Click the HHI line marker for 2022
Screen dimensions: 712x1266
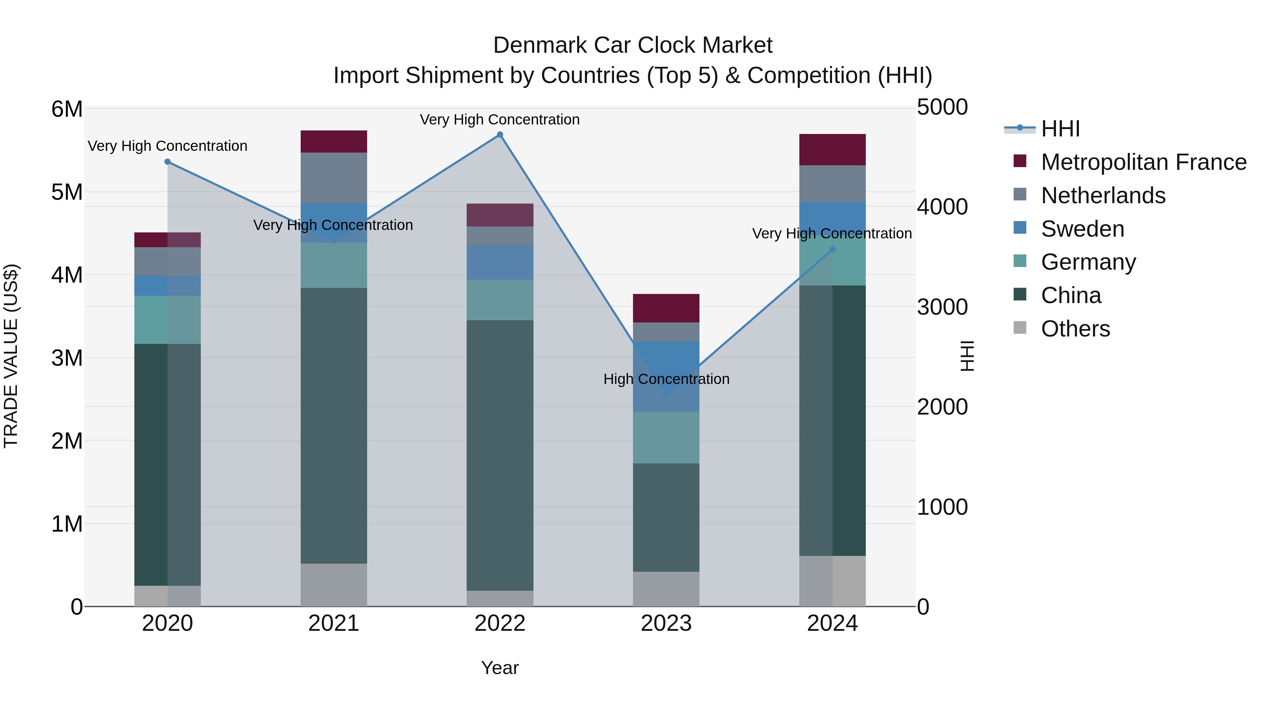click(x=500, y=135)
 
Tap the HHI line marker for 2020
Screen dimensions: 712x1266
click(x=168, y=162)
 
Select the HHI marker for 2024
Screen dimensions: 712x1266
click(x=832, y=250)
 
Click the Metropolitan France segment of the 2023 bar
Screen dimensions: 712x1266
click(x=666, y=308)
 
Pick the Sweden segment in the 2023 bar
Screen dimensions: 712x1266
click(x=666, y=376)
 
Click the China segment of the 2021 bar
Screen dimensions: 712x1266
click(x=334, y=425)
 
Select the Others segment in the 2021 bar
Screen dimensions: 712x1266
click(x=334, y=585)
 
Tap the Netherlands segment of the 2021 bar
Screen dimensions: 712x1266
click(x=334, y=178)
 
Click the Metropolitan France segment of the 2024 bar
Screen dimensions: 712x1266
click(x=832, y=149)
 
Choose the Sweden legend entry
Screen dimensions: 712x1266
click(x=1082, y=229)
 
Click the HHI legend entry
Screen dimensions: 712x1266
click(x=1060, y=129)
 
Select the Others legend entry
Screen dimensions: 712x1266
click(x=1075, y=329)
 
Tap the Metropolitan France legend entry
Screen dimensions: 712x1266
click(x=1144, y=162)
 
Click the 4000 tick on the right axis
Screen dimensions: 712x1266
click(x=942, y=207)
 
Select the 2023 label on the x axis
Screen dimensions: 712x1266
click(x=666, y=623)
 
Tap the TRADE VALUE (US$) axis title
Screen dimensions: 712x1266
click(x=11, y=356)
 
